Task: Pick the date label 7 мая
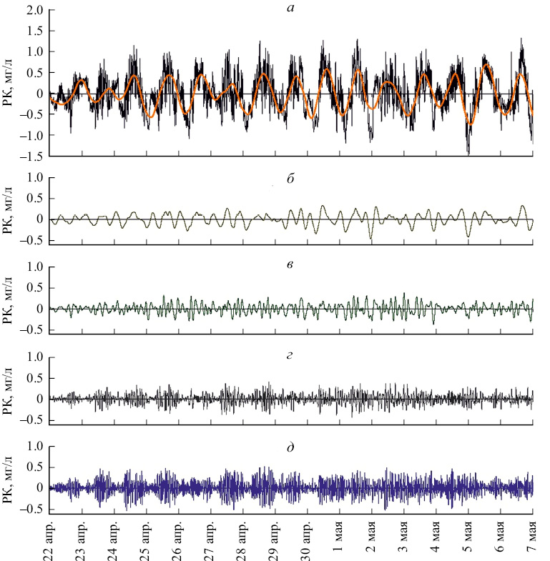[x=533, y=540]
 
